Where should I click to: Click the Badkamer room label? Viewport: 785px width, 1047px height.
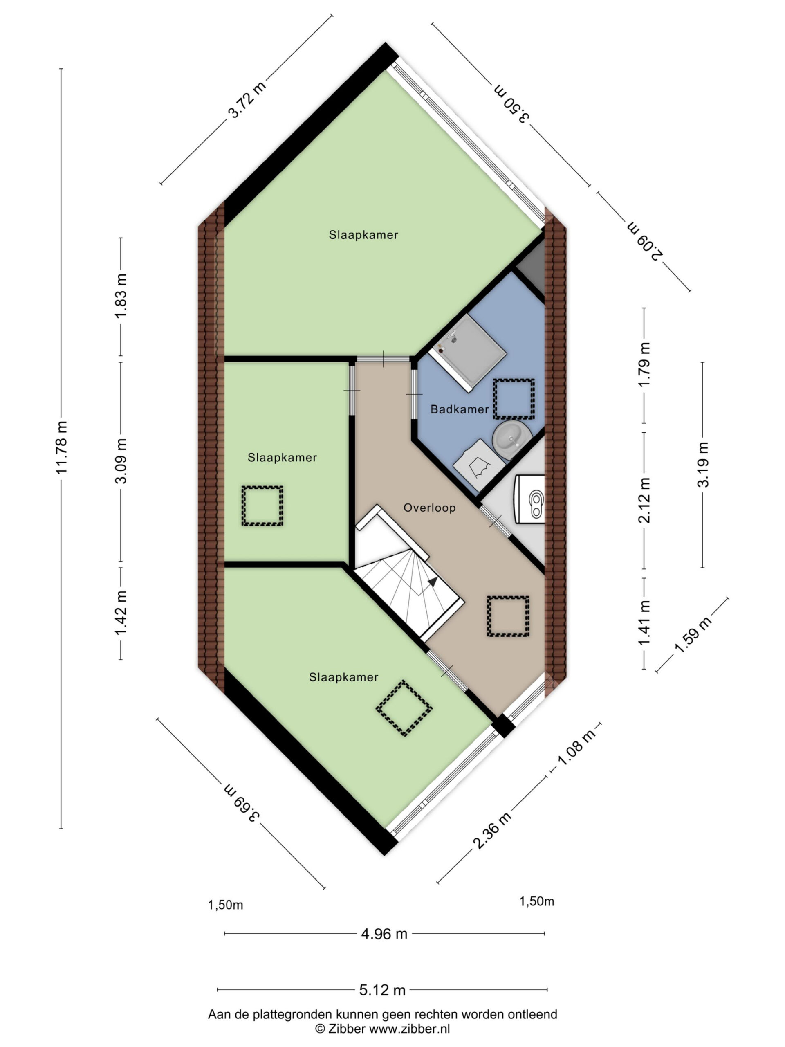tap(460, 409)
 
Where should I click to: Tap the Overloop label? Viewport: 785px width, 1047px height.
tap(430, 508)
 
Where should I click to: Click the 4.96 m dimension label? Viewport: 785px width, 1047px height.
tap(384, 934)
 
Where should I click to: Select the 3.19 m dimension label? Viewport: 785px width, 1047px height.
tap(703, 464)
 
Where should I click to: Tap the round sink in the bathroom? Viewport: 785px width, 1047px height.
tap(512, 440)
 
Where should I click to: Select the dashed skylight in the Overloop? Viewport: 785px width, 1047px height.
tap(508, 616)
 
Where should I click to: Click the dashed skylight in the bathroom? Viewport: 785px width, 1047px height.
tap(514, 398)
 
